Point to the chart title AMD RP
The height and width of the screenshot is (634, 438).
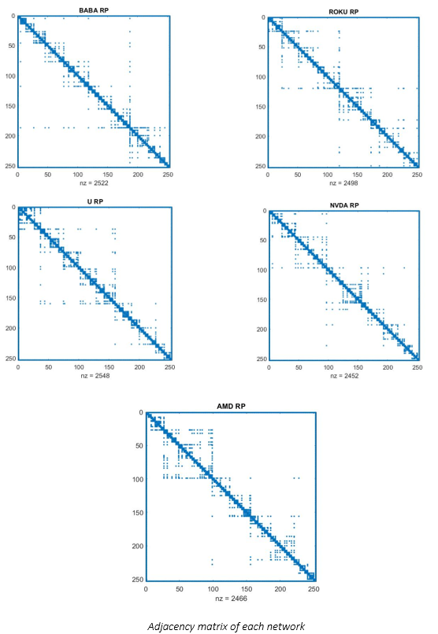pos(231,405)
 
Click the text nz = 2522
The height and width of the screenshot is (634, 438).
pos(93,182)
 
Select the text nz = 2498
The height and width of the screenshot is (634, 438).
pos(343,182)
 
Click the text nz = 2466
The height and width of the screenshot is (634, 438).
pos(231,599)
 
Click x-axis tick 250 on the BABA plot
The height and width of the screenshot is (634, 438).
pos(168,173)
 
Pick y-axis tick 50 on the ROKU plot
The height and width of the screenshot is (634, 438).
pos(258,46)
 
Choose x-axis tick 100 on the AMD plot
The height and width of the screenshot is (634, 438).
pos(213,588)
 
